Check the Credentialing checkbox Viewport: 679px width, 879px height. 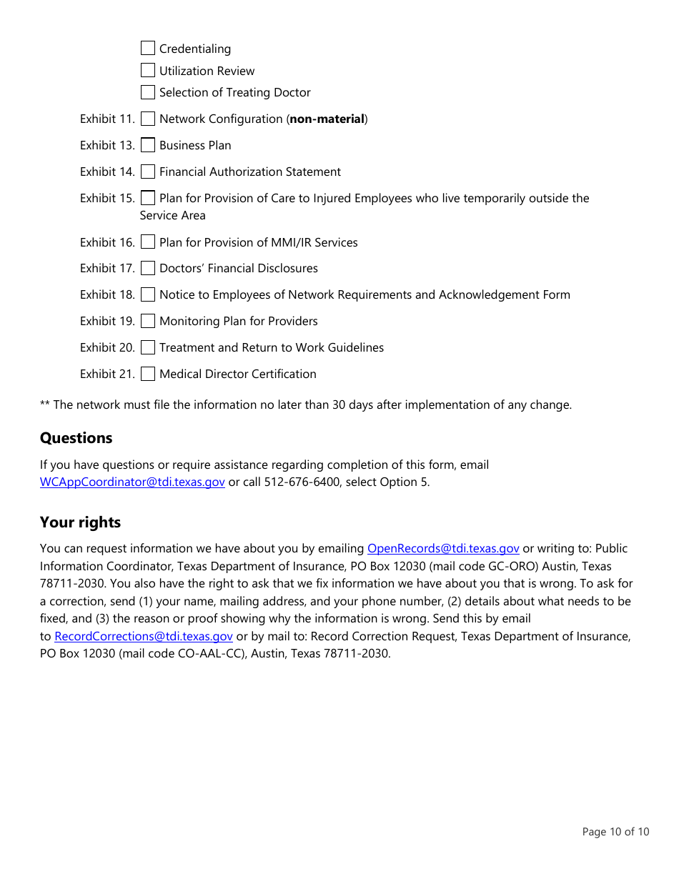point(148,49)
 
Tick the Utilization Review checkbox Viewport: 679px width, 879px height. point(148,71)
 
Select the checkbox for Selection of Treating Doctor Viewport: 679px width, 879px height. point(148,92)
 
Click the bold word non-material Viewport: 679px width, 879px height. point(327,119)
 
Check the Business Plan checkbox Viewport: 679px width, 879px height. point(148,145)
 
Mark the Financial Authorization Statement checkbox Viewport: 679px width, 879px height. point(148,172)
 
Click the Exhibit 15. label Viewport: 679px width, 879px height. point(107,198)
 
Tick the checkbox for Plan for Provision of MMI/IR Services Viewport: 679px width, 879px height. point(148,242)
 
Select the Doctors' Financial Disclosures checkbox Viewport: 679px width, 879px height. point(148,268)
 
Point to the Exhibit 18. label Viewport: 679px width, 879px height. point(107,294)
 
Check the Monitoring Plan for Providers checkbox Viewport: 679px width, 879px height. point(148,321)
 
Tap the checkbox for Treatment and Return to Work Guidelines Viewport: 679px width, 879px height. point(148,347)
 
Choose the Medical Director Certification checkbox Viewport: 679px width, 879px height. point(148,374)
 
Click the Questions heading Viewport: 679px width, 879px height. point(76,438)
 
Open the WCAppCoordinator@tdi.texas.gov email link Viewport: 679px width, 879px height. point(132,482)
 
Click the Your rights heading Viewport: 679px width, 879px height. point(80,522)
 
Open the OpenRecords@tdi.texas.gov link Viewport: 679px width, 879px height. point(443,549)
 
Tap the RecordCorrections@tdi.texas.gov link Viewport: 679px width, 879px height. point(144,636)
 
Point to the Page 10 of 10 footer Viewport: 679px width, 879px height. point(615,832)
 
